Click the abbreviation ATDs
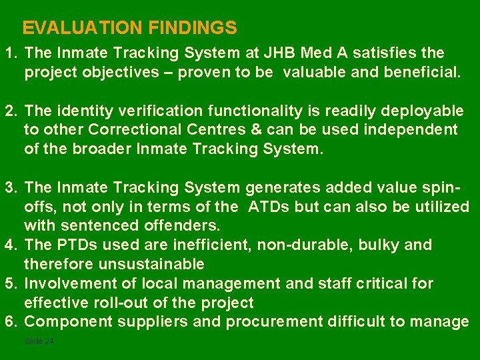coord(269,207)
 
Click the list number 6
coord(9,323)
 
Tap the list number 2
coord(9,110)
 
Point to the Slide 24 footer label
coord(38,341)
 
